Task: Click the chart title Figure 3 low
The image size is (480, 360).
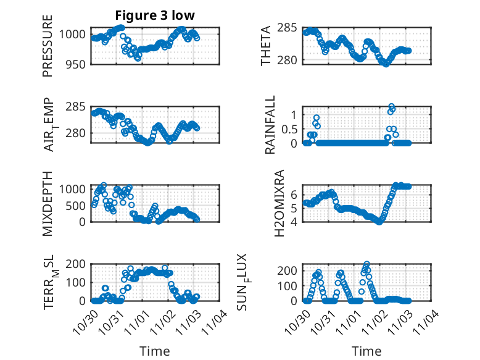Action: (154, 15)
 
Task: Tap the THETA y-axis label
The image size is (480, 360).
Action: (266, 45)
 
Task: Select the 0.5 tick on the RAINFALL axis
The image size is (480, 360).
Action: (290, 129)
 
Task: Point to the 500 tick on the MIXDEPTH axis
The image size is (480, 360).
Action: (77, 205)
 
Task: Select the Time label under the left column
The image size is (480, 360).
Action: (154, 351)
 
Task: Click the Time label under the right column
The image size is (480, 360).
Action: (366, 351)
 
